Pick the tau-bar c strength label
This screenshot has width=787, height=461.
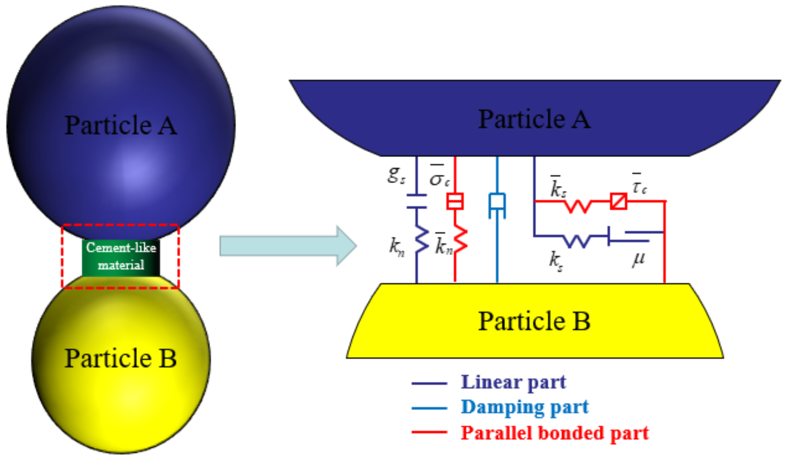639,184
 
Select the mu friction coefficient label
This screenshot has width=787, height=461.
638,259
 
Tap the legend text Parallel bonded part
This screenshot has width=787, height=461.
555,433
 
